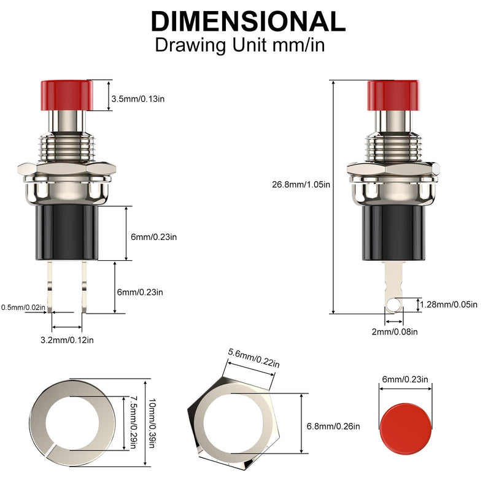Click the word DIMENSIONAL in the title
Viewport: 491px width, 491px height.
248,21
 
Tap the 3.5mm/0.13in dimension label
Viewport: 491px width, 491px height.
138,99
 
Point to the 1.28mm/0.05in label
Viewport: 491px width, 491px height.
453,304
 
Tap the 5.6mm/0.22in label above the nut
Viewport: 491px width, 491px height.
253,358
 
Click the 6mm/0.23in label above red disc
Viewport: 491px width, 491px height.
405,380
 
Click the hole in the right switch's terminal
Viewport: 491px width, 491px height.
391,304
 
